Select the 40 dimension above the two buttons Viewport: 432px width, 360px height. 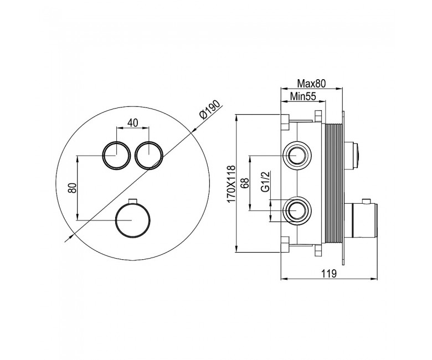coord(133,123)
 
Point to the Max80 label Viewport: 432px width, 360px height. coord(311,84)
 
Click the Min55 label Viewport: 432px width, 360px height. coord(303,96)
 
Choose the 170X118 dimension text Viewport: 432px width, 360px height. coord(231,183)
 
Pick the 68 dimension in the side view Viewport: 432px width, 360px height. coord(245,183)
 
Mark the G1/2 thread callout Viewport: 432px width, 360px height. coord(265,181)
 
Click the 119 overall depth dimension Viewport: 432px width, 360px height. coord(329,274)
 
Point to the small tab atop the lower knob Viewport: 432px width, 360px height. coord(133,201)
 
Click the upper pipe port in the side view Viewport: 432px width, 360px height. coord(297,155)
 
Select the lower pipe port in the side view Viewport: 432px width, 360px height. coord(297,210)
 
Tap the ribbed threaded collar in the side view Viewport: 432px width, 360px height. coord(334,183)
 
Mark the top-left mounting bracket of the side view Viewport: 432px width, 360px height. coord(285,121)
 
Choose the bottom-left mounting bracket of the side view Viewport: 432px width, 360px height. coord(285,244)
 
